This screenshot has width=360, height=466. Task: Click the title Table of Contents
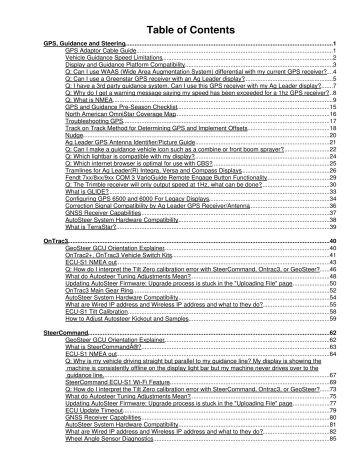[x=179, y=17]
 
